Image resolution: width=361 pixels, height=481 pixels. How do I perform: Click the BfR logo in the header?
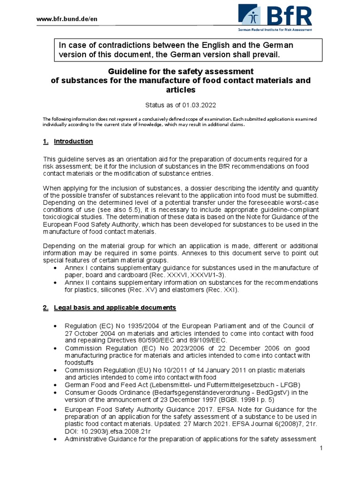tap(275, 17)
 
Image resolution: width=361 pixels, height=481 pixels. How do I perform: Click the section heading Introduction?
tap(73, 141)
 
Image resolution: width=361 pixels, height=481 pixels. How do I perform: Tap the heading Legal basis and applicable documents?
tap(115, 308)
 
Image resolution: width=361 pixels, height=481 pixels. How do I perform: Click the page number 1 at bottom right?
tap(321, 449)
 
